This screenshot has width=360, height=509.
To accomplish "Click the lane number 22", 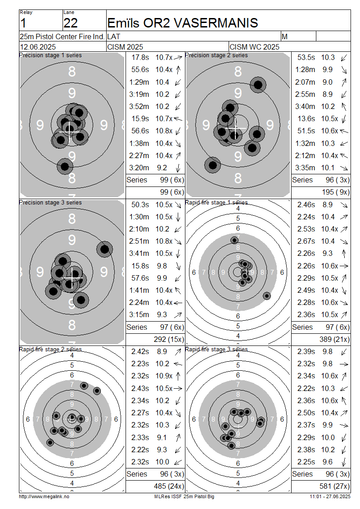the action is click(70, 23).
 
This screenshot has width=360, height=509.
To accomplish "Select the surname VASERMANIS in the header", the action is click(216, 23).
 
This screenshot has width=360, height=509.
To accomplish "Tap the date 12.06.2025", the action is click(38, 47).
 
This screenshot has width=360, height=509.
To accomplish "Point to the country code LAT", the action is click(113, 36).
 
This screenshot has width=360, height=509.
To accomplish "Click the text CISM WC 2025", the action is click(254, 47).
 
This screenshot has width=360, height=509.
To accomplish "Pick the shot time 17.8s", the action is click(140, 58).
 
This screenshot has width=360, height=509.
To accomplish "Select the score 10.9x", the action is click(164, 376).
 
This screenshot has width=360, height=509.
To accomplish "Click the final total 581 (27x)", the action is click(334, 486).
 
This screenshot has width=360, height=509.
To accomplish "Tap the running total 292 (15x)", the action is click(169, 340).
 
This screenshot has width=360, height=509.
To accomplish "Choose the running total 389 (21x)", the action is click(334, 340).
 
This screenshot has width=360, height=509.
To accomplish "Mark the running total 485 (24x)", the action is click(169, 486).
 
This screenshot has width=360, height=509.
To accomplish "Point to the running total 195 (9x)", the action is click(336, 192).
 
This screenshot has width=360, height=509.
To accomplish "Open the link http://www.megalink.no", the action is click(44, 496).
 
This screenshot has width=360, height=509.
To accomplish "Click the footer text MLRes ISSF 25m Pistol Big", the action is click(184, 496).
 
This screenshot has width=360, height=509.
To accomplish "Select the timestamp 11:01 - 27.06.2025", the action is click(330, 496).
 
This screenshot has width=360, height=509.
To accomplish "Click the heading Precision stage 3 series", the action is click(50, 203).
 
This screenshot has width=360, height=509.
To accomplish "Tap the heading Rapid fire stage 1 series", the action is click(216, 203).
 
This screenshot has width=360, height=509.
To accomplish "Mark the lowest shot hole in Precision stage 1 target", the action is click(65, 167).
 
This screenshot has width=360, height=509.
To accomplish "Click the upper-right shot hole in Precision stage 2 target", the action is click(258, 85).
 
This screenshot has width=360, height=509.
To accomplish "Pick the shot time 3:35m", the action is click(305, 168).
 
